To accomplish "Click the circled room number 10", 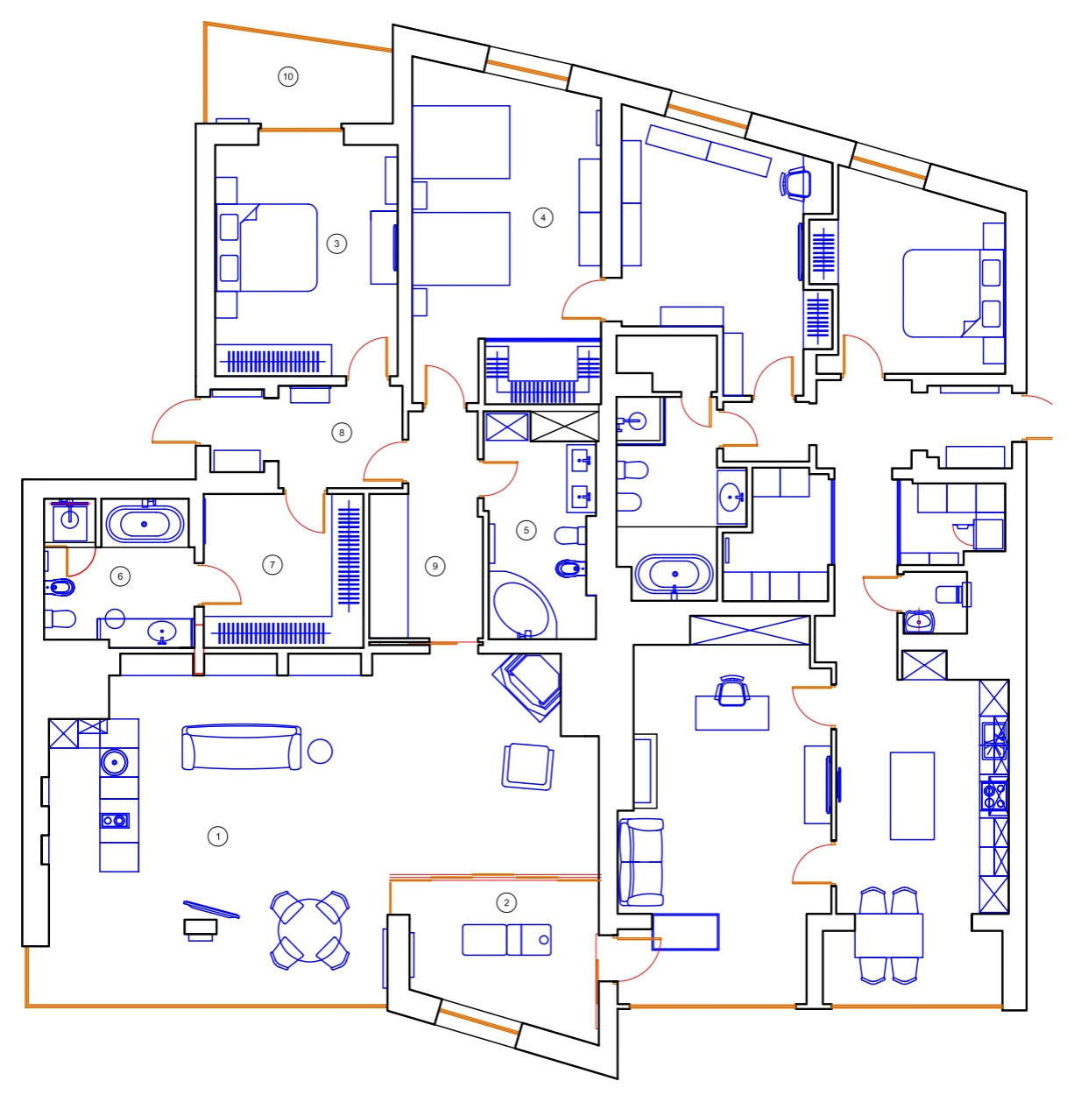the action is [x=287, y=76].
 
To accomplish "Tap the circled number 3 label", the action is [x=336, y=244].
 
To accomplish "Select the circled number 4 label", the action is [x=542, y=217].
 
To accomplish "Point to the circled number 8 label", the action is [x=341, y=433].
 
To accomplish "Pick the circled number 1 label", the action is [x=217, y=836].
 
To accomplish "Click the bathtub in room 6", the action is [x=145, y=524].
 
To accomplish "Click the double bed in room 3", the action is [x=266, y=248].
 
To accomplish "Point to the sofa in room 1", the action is [x=241, y=746].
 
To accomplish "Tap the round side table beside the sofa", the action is [x=320, y=751].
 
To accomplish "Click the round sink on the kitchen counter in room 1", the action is [x=115, y=761].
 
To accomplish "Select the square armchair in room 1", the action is [x=528, y=766].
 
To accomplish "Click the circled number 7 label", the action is [x=272, y=565].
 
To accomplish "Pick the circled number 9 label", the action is [x=435, y=566].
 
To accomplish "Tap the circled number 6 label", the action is [x=120, y=576].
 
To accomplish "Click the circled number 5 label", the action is [x=526, y=530].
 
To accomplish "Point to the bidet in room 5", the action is [x=571, y=568].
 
